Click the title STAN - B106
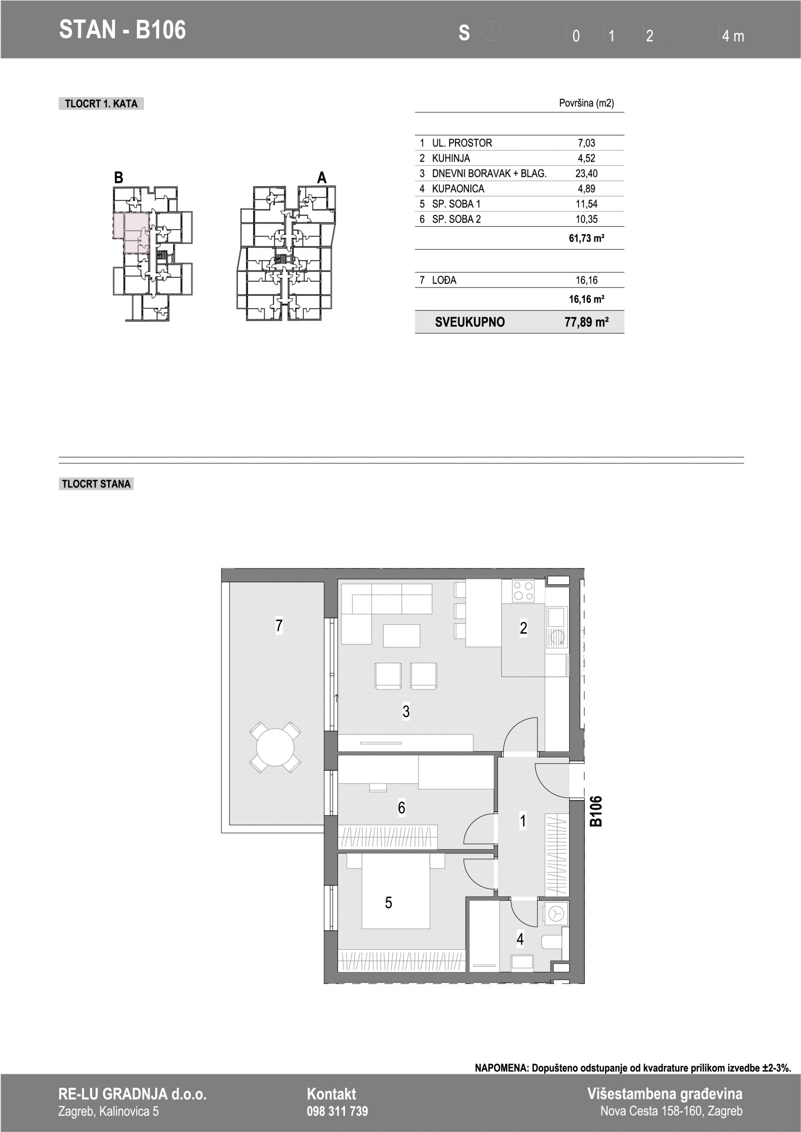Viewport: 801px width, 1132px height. (x=123, y=30)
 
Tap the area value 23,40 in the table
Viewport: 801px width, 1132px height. (x=586, y=173)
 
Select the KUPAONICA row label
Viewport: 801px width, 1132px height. (x=458, y=189)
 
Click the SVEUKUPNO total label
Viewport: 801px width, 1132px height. (x=470, y=322)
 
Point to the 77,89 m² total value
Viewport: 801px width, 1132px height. (x=586, y=322)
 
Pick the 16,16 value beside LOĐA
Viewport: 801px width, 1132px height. (x=586, y=280)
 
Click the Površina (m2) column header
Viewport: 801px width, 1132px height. (x=586, y=103)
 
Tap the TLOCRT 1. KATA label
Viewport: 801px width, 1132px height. (x=101, y=103)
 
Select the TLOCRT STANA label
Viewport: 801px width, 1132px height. (x=96, y=484)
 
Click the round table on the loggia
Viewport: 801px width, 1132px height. (x=275, y=747)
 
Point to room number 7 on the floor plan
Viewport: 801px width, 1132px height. (x=279, y=626)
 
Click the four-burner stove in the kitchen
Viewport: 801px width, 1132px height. (x=523, y=591)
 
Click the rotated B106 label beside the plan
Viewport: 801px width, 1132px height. (x=596, y=811)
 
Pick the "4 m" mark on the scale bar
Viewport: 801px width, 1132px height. (x=733, y=36)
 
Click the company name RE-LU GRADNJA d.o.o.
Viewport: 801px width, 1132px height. (x=132, y=1094)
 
